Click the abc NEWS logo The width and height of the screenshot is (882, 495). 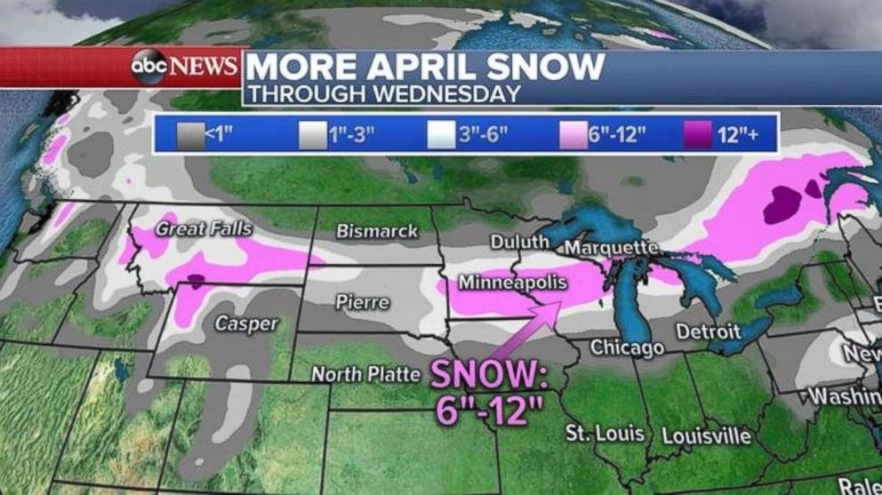pyautogui.click(x=185, y=67)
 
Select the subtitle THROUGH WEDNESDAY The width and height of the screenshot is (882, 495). pyautogui.click(x=383, y=93)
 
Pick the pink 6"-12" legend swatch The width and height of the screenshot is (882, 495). pyautogui.click(x=573, y=135)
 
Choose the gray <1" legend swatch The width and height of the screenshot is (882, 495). pyautogui.click(x=188, y=135)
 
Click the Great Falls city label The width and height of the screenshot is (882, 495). pyautogui.click(x=204, y=229)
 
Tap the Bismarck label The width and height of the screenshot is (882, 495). pyautogui.click(x=376, y=231)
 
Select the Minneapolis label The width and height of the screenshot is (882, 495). pyautogui.click(x=512, y=282)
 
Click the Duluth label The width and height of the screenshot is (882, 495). pyautogui.click(x=515, y=242)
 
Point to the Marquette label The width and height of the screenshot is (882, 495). pyautogui.click(x=612, y=247)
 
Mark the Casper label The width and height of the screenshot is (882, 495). pyautogui.click(x=246, y=324)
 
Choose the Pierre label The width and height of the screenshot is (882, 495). pyautogui.click(x=362, y=302)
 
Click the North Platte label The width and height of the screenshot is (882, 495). pyautogui.click(x=365, y=375)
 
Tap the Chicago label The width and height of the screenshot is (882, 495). pyautogui.click(x=627, y=347)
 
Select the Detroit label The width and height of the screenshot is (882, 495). pyautogui.click(x=708, y=331)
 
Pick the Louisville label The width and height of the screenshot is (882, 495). pyautogui.click(x=707, y=436)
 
